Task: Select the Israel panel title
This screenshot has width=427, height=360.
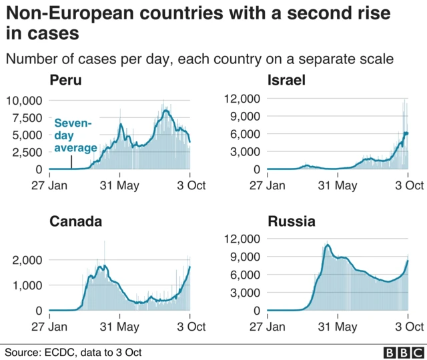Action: (286, 81)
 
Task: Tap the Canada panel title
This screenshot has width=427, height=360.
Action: (75, 221)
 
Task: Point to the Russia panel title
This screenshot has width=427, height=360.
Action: (291, 221)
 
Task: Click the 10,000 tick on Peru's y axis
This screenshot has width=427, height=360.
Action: (24, 100)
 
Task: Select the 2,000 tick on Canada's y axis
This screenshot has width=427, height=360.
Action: (28, 260)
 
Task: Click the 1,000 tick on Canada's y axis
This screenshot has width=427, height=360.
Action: (28, 285)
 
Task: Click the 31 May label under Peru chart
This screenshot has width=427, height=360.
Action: (119, 185)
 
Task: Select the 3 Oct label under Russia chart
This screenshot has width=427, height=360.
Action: (408, 327)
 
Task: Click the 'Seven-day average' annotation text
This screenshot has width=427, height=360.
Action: (75, 135)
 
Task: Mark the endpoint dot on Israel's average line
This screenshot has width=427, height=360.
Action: (406, 133)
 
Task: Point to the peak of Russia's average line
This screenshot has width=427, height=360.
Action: (327, 245)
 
